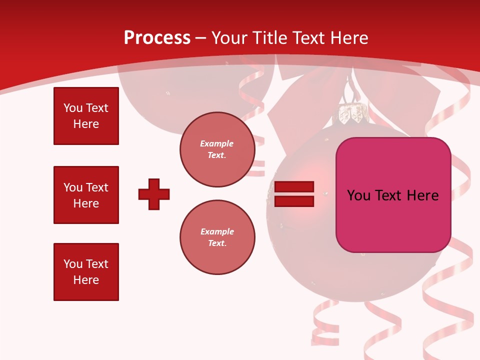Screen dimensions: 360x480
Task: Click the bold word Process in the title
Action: [157, 38]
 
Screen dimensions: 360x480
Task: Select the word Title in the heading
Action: [269, 38]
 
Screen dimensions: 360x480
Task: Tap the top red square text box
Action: [86, 116]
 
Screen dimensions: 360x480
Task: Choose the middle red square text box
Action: [86, 195]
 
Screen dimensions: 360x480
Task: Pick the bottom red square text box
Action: [86, 271]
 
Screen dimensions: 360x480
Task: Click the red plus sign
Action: [154, 194]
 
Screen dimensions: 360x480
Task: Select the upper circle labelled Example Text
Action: [217, 149]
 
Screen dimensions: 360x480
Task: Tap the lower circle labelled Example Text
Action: [217, 237]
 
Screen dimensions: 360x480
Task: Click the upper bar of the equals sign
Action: [294, 187]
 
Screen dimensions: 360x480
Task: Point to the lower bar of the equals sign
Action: [294, 201]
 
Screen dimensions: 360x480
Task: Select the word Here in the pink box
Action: [422, 195]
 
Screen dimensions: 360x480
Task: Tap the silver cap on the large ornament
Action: [351, 114]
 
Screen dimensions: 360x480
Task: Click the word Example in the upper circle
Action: [217, 144]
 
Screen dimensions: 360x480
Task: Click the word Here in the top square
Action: [86, 124]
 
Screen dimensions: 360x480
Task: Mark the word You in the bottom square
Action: [72, 264]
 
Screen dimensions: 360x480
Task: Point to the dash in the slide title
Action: [201, 38]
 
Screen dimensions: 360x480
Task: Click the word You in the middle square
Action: [72, 187]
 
